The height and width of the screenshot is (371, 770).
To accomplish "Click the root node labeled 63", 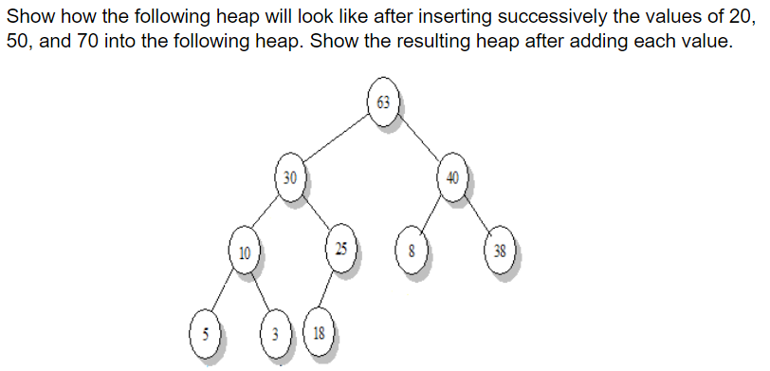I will click(x=383, y=102).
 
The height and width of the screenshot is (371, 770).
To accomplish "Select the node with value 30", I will click(x=289, y=176).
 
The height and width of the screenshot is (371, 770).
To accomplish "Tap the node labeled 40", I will click(x=451, y=176).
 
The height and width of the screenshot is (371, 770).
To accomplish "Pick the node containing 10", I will click(x=245, y=253).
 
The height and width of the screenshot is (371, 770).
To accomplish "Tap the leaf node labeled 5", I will click(x=203, y=334).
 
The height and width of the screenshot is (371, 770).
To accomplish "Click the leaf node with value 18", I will click(x=319, y=333).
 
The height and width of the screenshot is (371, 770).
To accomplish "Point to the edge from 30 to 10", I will click(x=266, y=214).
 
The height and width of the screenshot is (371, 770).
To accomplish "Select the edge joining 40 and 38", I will click(x=476, y=215).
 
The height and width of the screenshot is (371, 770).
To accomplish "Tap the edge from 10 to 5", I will click(x=224, y=293).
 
